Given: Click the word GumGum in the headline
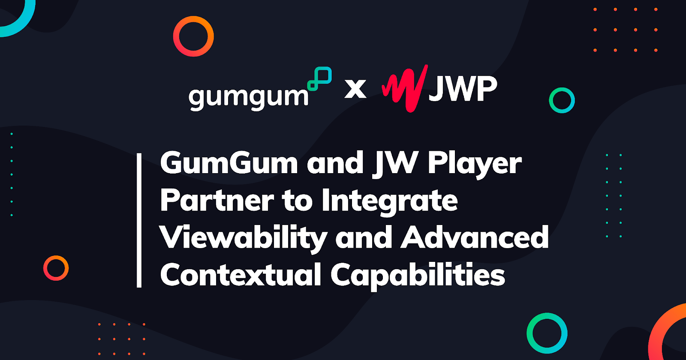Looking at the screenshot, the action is pyautogui.click(x=229, y=163).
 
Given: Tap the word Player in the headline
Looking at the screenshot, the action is pyautogui.click(x=475, y=164).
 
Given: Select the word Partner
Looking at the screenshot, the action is pyautogui.click(x=217, y=201).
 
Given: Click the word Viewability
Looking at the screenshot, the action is pyautogui.click(x=243, y=238).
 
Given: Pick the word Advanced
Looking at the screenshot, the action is pyautogui.click(x=475, y=237).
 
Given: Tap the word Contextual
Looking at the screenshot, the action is pyautogui.click(x=241, y=275).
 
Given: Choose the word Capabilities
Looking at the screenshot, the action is pyautogui.click(x=418, y=275).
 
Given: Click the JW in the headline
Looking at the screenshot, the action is pyautogui.click(x=395, y=163).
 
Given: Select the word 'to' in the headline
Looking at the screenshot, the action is pyautogui.click(x=297, y=201).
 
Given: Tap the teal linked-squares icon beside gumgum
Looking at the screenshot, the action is pyautogui.click(x=320, y=78).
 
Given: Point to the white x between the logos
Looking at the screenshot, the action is pyautogui.click(x=355, y=89).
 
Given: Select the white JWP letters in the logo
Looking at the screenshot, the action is pyautogui.click(x=463, y=89).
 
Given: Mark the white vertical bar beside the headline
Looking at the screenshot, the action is pyautogui.click(x=139, y=220).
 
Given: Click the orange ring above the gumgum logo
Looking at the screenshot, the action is pyautogui.click(x=193, y=36).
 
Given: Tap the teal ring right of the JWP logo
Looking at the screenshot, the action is pyautogui.click(x=562, y=100).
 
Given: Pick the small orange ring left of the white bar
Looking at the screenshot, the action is pyautogui.click(x=56, y=268).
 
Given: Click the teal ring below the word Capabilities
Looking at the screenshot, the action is pyautogui.click(x=547, y=333).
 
